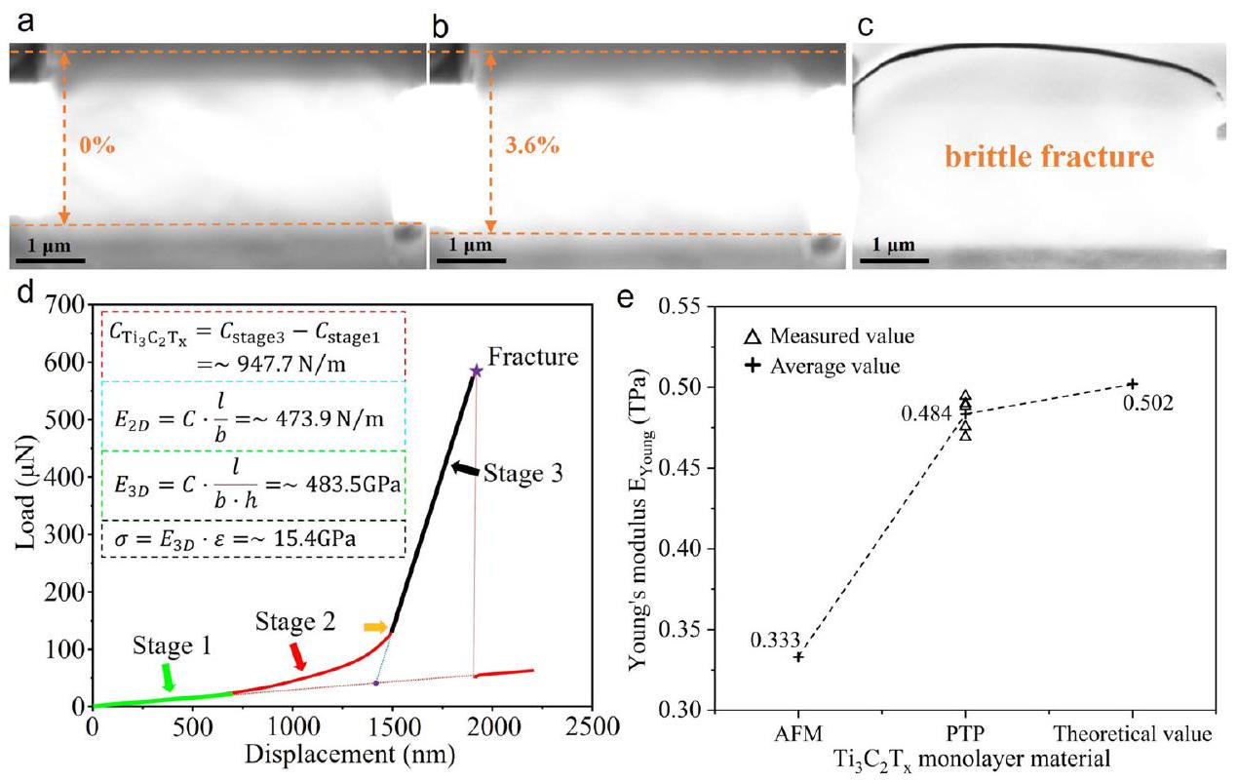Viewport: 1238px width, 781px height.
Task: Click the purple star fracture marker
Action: click(476, 371)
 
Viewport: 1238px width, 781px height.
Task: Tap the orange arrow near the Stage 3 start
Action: click(374, 627)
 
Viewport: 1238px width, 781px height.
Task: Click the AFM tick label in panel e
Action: click(798, 732)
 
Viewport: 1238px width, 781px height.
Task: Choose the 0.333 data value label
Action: click(776, 641)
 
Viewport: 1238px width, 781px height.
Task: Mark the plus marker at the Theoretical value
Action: click(1133, 384)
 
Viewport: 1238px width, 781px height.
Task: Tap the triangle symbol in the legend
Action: click(752, 337)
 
